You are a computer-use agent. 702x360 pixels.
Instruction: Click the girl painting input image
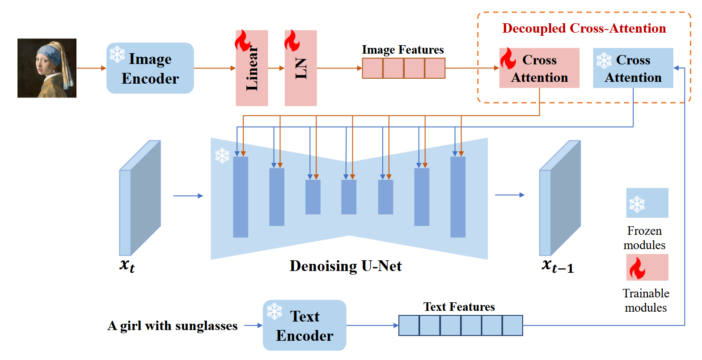click(x=47, y=68)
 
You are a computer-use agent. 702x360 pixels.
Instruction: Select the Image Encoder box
click(x=150, y=68)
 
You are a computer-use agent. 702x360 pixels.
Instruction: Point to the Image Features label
click(x=402, y=50)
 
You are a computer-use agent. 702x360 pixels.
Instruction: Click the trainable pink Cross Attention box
click(x=539, y=68)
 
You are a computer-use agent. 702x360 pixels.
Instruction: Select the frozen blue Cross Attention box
click(x=633, y=68)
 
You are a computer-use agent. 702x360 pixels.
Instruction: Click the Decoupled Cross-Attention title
click(x=584, y=28)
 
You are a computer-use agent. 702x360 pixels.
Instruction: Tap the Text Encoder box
click(x=304, y=326)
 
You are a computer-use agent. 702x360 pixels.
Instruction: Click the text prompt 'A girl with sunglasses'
click(x=173, y=326)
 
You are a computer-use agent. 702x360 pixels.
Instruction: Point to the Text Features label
click(x=459, y=307)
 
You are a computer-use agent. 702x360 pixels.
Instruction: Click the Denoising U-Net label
click(x=346, y=266)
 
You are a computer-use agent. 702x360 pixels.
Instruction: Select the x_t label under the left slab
click(x=127, y=265)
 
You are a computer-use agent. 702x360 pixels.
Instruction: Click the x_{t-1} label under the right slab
click(x=557, y=266)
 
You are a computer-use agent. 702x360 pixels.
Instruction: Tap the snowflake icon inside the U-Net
click(x=222, y=156)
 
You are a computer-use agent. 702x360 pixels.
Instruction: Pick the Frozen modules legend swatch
click(x=647, y=203)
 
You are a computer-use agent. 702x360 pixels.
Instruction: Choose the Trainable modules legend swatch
click(x=647, y=267)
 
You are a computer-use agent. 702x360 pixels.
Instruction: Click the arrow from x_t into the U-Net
click(x=188, y=195)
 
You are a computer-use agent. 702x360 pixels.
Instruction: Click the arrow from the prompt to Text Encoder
click(x=253, y=326)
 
